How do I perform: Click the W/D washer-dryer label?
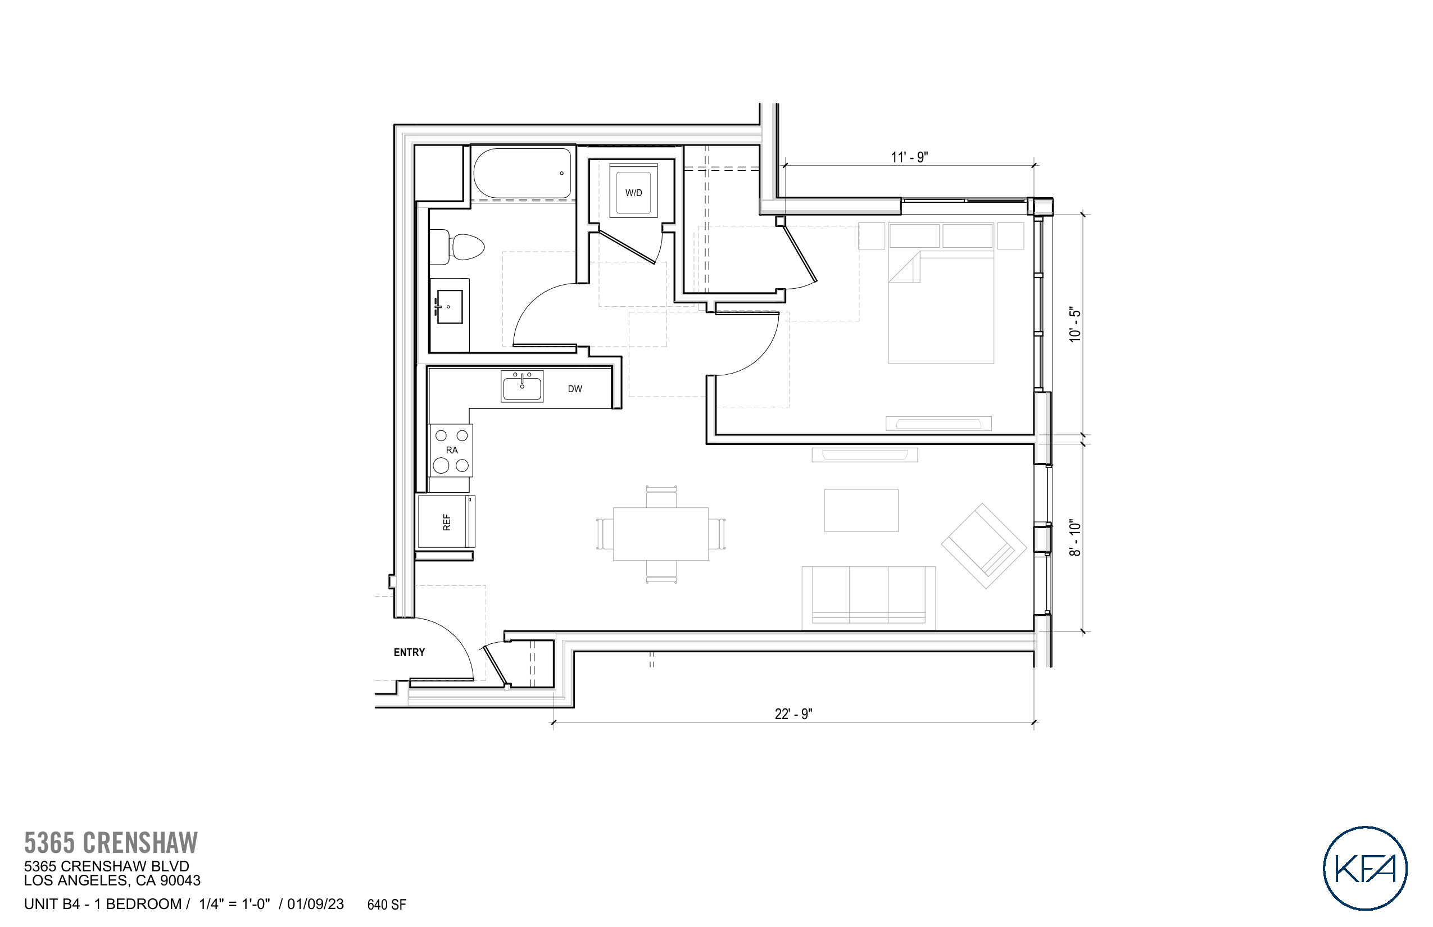tap(633, 193)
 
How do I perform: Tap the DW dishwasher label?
tap(574, 389)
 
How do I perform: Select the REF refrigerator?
tap(446, 521)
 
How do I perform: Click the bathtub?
tap(522, 174)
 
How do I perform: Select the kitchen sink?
tap(522, 386)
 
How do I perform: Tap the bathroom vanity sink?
tap(449, 306)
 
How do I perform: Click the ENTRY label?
tap(409, 652)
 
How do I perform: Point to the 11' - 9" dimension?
tap(909, 157)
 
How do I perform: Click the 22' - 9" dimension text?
tap(793, 714)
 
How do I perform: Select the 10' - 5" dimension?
tap(1074, 325)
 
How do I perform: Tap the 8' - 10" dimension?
tap(1074, 538)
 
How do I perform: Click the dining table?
tap(660, 534)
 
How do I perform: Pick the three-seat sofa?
tap(868, 597)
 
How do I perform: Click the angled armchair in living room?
tap(983, 546)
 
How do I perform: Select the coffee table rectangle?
tap(861, 511)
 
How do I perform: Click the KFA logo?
tap(1364, 868)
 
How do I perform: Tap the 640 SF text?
tap(387, 905)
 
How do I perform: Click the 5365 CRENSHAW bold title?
tap(111, 843)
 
